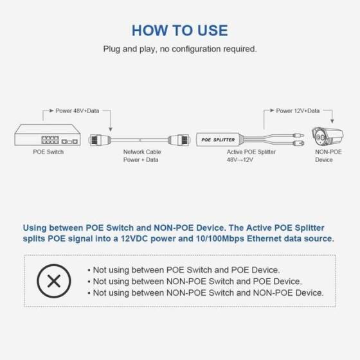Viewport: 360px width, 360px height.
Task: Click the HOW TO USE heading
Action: [x=179, y=30]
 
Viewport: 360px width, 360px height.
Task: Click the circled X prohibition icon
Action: [x=55, y=282]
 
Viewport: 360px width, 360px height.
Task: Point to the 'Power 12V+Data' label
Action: [x=298, y=111]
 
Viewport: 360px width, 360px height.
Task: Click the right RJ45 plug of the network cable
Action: [x=177, y=138]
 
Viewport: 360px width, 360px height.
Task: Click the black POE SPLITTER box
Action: [x=219, y=138]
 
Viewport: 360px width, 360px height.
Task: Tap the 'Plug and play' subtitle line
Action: [x=179, y=49]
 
